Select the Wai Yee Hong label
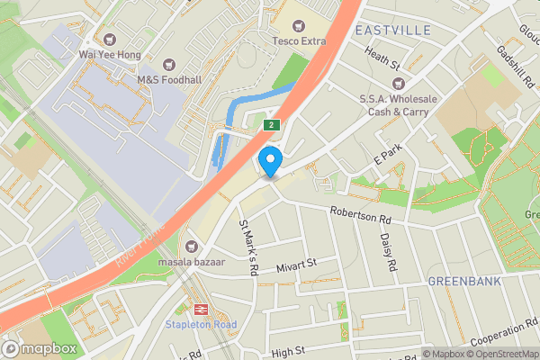click(111, 53)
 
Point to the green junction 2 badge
click(271, 124)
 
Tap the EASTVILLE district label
click(392, 31)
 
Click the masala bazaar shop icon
click(190, 245)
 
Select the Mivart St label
click(299, 264)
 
